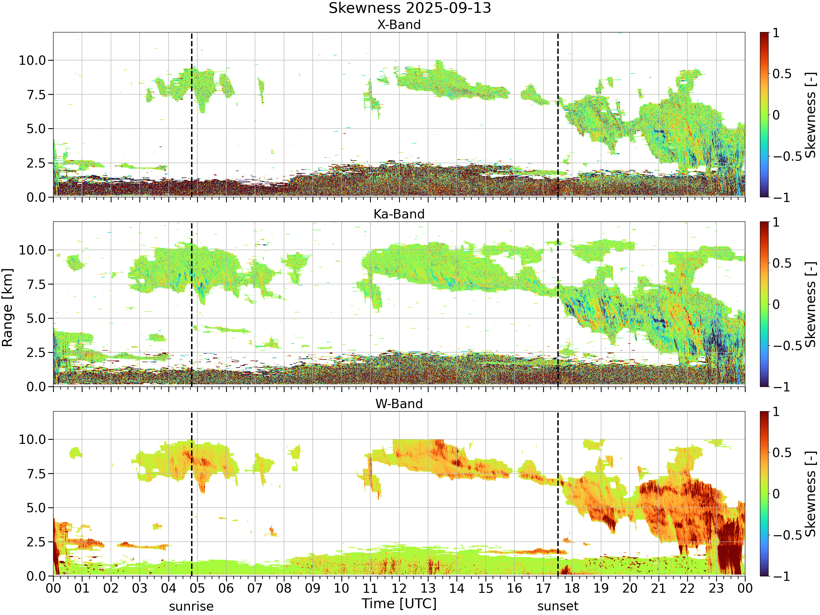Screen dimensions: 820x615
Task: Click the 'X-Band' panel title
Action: (399, 25)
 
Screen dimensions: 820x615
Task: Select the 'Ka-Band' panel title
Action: (399, 214)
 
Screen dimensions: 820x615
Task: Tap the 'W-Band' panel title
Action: (399, 404)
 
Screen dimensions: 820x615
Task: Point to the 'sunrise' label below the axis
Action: (191, 607)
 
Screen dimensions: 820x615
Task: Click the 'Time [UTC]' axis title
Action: (399, 604)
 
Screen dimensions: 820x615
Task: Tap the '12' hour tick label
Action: (399, 588)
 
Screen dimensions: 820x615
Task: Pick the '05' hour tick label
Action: (197, 588)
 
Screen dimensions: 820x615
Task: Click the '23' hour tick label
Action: (716, 588)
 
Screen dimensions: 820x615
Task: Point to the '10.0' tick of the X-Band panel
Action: (32, 60)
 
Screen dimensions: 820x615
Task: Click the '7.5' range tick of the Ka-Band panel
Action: (36, 284)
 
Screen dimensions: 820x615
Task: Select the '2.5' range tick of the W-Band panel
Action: (36, 542)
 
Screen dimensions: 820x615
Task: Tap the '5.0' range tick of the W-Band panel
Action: (36, 508)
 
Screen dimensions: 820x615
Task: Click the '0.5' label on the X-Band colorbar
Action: (782, 74)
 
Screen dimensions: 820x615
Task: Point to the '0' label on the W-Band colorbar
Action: (776, 494)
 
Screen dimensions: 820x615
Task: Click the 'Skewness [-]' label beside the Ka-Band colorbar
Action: (810, 304)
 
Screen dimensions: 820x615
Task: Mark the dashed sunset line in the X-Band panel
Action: (558, 115)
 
